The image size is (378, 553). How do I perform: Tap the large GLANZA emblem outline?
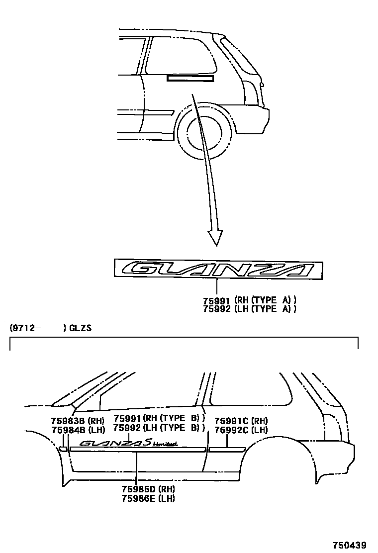[x=217, y=269]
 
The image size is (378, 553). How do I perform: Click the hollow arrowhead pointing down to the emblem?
[x=215, y=237]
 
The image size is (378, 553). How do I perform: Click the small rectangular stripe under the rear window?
[x=190, y=79]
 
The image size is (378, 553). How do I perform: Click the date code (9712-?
[x=23, y=328]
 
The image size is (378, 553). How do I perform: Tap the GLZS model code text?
[x=80, y=328]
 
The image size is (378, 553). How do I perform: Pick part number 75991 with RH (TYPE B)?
[x=159, y=419]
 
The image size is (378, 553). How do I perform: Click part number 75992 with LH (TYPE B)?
[x=159, y=428]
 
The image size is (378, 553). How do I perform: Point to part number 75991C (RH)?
[x=241, y=421]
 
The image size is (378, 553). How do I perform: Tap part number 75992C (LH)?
[x=241, y=430]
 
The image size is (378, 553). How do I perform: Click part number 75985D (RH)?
[x=147, y=489]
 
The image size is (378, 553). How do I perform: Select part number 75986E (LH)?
[x=147, y=498]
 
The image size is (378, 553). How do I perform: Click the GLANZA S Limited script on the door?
[x=129, y=443]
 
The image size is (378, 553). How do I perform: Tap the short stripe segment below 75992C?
[x=227, y=449]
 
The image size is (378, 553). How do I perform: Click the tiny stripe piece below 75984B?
[x=63, y=449]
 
